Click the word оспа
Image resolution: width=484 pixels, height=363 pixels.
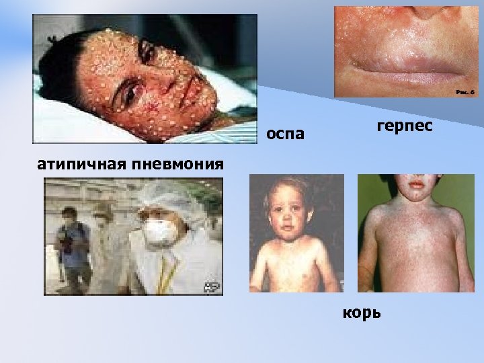pos(285,134)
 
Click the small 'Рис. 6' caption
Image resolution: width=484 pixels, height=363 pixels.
pos(465,91)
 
